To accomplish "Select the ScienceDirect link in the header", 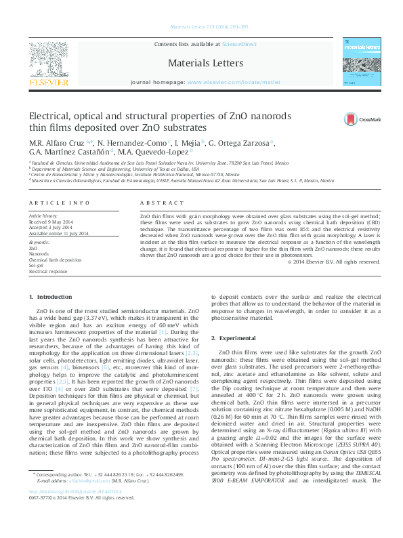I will [x=239, y=43].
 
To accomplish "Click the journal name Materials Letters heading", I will [x=205, y=62].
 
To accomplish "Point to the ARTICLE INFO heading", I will [x=60, y=203].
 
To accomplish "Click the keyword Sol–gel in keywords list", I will [x=37, y=265].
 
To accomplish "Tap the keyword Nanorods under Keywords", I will [x=39, y=254].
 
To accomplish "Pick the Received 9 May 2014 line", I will [x=51, y=222].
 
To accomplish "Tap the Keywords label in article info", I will [x=39, y=242].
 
